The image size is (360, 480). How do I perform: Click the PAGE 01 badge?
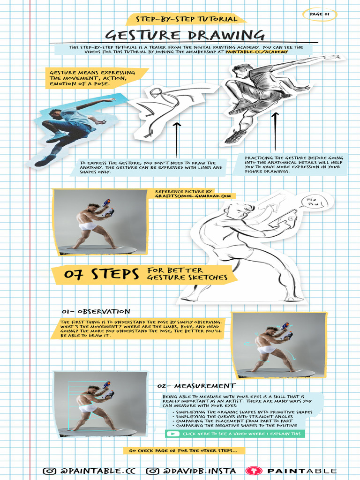tap(320, 14)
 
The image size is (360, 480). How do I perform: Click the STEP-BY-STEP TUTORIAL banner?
tap(186, 19)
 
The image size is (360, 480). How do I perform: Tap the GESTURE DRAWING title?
tap(185, 35)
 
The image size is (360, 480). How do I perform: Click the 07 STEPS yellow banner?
tap(96, 274)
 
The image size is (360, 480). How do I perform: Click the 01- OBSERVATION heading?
tap(96, 311)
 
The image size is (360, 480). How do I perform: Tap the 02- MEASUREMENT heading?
tap(196, 386)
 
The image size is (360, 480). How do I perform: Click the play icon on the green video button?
tap(172, 434)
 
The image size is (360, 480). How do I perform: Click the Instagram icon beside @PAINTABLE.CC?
tap(50, 471)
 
